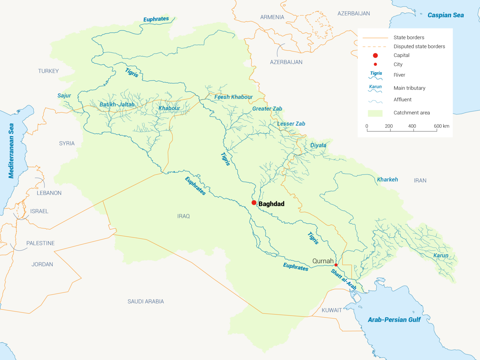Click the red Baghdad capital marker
point(254,203)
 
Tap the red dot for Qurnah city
point(336,265)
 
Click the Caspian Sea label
point(445,15)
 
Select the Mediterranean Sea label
point(11,151)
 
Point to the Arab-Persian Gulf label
point(394,320)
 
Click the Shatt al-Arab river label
point(344,279)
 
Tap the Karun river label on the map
point(441,255)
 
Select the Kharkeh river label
point(387,179)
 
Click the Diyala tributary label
point(318,145)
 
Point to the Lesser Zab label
point(291,124)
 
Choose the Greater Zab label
point(267,109)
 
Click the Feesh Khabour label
point(233,97)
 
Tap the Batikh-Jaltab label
point(117,104)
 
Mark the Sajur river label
point(64,96)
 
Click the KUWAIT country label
point(332,310)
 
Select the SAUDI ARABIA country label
point(146,302)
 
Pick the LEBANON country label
point(49,193)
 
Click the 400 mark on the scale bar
point(412,126)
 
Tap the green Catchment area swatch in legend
point(375,113)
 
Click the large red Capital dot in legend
point(375,55)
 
